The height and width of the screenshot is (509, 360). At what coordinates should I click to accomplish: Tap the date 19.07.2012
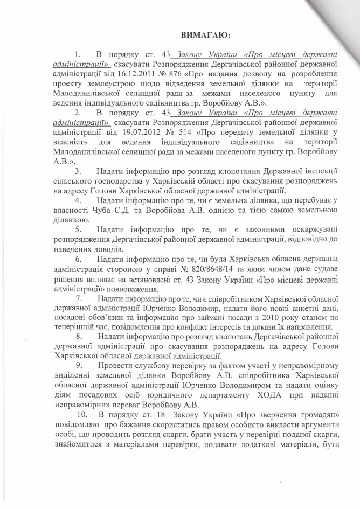pyautogui.click(x=150, y=131)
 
